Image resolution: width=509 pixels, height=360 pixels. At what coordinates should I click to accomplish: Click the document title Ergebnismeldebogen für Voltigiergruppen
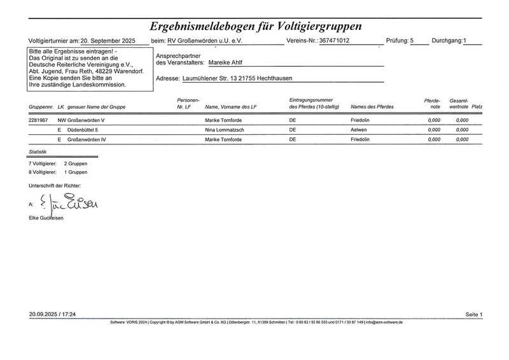tap(255, 26)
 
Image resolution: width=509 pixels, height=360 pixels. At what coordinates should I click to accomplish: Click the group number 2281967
tap(38, 120)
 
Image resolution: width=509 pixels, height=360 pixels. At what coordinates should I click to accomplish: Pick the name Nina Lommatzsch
tap(228, 129)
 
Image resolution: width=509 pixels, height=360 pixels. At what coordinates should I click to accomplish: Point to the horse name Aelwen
tap(359, 129)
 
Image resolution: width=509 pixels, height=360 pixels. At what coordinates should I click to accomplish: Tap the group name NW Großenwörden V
tap(81, 120)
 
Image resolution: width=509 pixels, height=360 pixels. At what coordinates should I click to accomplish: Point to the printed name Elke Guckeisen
tap(46, 218)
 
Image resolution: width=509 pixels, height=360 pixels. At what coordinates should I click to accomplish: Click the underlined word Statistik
tap(38, 153)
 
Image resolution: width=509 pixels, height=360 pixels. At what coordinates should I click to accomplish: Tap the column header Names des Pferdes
tap(372, 106)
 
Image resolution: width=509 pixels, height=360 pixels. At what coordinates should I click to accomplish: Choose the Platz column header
tap(477, 106)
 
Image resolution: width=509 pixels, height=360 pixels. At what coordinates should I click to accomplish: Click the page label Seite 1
tap(474, 315)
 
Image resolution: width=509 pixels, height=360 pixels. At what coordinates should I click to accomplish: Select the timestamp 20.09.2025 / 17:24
tap(52, 315)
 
